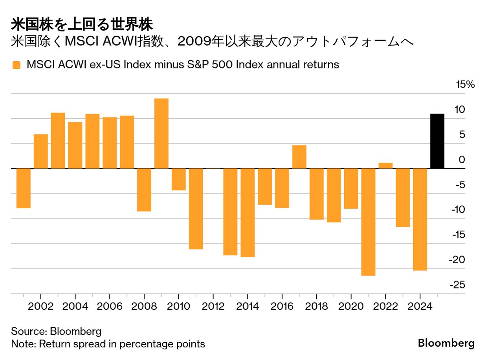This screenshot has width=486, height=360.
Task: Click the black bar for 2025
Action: coord(437,141)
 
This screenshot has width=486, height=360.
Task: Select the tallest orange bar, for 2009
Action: coord(161,133)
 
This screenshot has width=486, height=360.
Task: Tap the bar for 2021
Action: coord(368,222)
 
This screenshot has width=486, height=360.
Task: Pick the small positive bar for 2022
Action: coord(385,165)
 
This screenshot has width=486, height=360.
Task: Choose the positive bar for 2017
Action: coord(299,157)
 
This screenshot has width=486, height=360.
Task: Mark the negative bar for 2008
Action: coord(144,190)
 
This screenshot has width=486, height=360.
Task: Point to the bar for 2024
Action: coord(420,219)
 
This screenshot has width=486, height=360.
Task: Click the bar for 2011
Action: coord(196,209)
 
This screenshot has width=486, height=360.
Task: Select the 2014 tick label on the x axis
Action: coord(248,306)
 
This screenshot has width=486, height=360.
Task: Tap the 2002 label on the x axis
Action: coord(41,306)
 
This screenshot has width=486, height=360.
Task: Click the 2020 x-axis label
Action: coord(351,306)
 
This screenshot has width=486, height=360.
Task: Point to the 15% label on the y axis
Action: coord(465,84)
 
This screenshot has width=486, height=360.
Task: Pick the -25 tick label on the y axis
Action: coord(457,285)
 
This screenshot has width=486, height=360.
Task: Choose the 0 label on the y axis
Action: coord(461,160)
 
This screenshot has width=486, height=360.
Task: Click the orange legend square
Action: coord(16,65)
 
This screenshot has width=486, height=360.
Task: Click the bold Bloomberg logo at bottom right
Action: coord(446,343)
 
